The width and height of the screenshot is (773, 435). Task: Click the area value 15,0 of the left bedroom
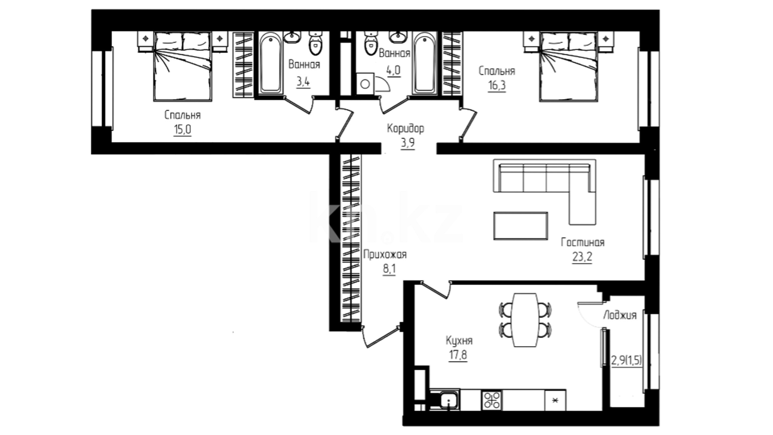[182, 130]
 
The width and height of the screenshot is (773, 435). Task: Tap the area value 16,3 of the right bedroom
[497, 86]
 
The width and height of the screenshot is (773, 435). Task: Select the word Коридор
[405, 128]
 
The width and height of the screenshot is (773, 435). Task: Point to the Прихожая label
[385, 255]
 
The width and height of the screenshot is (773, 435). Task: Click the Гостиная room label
[583, 242]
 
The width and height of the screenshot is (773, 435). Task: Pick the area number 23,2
[582, 257]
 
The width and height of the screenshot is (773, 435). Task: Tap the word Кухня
[459, 341]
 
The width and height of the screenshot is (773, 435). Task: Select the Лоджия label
[620, 315]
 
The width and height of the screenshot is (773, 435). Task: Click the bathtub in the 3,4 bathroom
[271, 63]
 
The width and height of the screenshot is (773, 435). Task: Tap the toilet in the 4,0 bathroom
[370, 43]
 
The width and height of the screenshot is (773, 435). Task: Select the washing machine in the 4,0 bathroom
[365, 84]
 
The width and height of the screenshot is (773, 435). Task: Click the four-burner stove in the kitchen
[492, 400]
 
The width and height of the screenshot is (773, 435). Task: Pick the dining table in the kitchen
[525, 320]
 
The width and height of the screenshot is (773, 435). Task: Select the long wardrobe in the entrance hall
[351, 238]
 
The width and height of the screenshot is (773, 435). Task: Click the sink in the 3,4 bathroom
[291, 37]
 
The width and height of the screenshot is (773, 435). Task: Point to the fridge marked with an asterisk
[555, 400]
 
